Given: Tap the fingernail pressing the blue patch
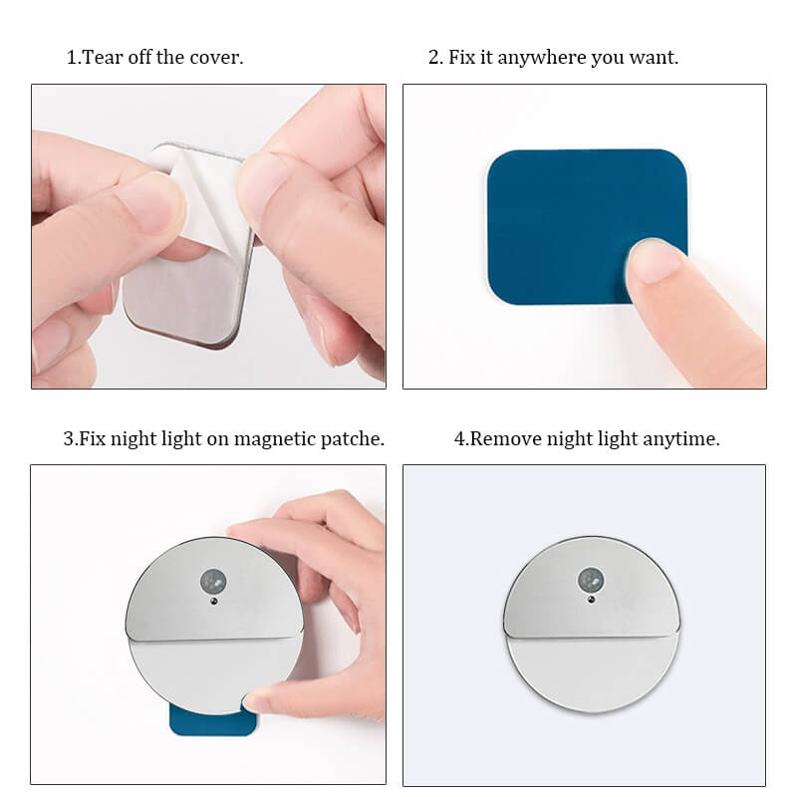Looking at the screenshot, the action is (x=656, y=261).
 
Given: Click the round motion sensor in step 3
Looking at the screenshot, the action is (x=213, y=582).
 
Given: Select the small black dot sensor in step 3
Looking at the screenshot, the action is (x=214, y=602).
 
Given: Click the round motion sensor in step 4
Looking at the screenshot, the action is (x=591, y=580).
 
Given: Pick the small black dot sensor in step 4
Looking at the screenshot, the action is (x=591, y=600).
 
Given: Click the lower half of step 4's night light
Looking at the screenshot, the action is (x=592, y=670).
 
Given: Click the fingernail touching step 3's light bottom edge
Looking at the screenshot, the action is (x=253, y=703).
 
